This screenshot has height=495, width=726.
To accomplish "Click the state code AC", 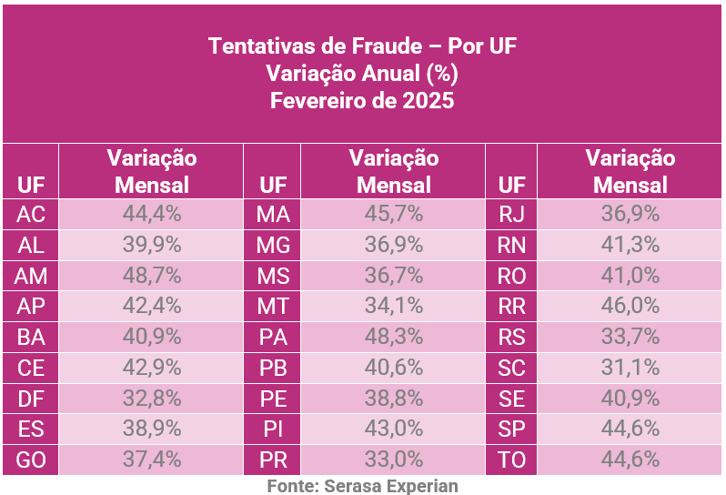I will (31, 216).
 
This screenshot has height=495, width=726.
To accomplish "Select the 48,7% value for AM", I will (152, 276).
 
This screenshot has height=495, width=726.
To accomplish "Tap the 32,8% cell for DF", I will (152, 399).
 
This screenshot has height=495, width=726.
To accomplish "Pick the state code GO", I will (31, 460).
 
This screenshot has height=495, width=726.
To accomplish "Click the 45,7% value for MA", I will (393, 216).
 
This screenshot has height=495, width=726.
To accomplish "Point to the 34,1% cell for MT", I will (393, 307).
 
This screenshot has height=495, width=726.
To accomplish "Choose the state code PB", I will (273, 369).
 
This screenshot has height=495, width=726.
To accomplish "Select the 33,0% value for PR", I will (393, 460).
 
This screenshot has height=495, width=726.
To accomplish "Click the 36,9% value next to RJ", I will (630, 216).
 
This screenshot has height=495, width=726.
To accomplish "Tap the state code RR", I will (512, 307).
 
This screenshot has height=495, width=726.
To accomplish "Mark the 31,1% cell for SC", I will (630, 369).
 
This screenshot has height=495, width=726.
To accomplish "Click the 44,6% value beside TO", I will (630, 460).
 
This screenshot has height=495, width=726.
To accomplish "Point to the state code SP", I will (512, 429).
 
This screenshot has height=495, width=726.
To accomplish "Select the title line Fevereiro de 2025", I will (362, 100).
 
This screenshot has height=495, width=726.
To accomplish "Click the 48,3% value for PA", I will (393, 338).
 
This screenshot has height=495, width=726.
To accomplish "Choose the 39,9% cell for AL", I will (152, 246).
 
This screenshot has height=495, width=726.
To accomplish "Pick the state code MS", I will (273, 276).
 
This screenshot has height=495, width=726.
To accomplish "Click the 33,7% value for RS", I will (630, 338).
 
